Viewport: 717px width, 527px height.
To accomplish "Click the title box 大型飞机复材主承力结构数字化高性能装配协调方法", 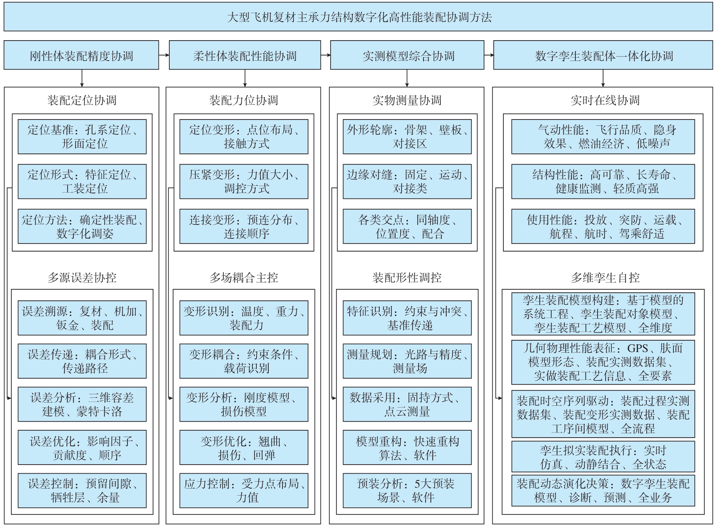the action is [358, 17].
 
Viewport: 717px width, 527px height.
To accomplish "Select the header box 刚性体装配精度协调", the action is [81, 55].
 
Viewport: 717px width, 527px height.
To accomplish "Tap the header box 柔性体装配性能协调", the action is [245, 55].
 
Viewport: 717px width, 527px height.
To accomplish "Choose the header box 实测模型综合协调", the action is [407, 55].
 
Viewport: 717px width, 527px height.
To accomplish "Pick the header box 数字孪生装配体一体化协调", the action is [603, 55].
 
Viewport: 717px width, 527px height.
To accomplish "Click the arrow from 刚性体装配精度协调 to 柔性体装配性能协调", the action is [164, 55].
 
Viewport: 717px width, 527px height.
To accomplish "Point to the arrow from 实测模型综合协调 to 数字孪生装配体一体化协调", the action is [489, 55].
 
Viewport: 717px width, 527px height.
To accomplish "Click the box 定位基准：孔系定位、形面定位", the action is [82, 137].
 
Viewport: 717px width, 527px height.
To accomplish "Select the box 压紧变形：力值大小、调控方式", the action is [244, 181].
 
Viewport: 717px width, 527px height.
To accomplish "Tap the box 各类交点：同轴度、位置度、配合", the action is [407, 226].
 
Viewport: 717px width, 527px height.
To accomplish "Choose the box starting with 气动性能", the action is [603, 137].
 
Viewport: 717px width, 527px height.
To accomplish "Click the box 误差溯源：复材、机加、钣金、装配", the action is [82, 318].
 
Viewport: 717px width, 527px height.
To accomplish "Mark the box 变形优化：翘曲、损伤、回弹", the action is [244, 447].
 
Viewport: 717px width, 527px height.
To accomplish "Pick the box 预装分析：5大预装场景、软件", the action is [407, 490].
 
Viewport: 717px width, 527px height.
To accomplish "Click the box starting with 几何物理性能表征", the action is [603, 362].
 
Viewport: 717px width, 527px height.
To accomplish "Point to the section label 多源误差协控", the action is [82, 278].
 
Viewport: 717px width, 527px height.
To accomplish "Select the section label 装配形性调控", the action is [407, 278].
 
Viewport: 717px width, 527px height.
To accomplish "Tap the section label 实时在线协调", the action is [605, 100].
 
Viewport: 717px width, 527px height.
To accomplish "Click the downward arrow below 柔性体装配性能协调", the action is [245, 78].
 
